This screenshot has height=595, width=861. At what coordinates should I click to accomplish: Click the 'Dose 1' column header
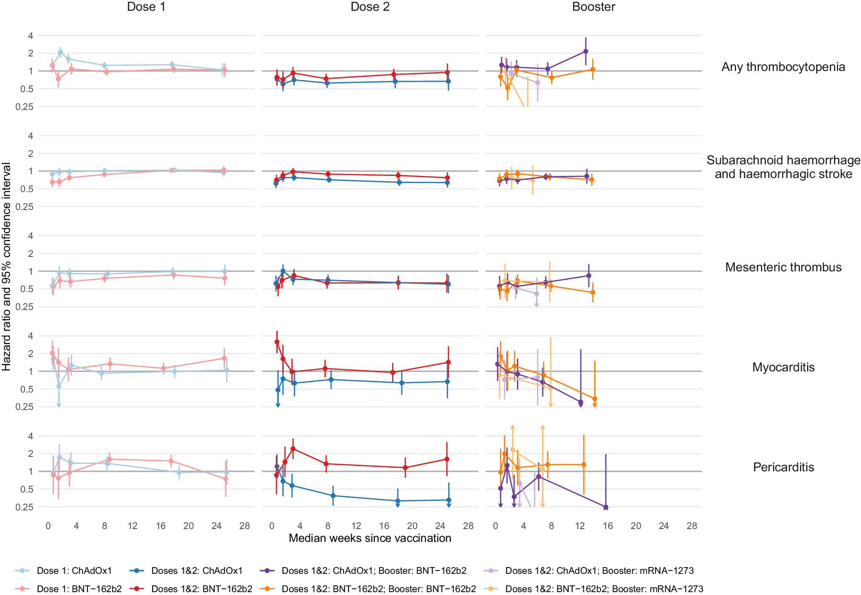tap(146, 7)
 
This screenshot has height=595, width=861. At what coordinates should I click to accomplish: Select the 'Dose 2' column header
tap(370, 7)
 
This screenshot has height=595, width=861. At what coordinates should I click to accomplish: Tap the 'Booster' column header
tap(593, 7)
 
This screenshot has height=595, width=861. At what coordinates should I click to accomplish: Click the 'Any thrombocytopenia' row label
tap(783, 67)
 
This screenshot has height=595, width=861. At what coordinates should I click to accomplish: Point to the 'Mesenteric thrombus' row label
tap(783, 267)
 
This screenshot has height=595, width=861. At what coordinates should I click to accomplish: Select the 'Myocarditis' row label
tap(783, 367)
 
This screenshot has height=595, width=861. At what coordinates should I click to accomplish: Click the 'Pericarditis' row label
tap(783, 467)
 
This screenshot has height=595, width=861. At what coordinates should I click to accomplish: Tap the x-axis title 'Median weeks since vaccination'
tap(370, 538)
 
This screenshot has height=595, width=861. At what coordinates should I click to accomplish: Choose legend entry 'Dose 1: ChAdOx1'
tap(74, 571)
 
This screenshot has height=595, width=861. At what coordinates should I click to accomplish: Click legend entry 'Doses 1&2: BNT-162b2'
tap(202, 589)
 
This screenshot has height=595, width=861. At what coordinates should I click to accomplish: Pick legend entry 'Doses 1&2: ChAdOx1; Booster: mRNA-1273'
tap(599, 571)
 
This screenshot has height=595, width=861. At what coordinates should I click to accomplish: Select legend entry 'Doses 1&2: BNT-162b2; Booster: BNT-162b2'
tap(378, 589)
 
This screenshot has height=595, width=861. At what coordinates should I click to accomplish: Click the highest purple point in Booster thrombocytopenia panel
tap(585, 51)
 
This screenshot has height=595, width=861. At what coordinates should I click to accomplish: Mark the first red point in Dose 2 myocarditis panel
tap(277, 342)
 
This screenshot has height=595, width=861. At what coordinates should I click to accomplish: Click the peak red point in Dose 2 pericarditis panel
tap(293, 449)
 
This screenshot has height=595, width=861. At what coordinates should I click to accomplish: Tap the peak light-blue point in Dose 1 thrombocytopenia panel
tap(60, 52)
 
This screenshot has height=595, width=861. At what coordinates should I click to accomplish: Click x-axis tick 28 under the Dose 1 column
tap(245, 526)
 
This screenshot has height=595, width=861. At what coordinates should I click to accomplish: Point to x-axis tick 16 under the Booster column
tap(607, 526)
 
